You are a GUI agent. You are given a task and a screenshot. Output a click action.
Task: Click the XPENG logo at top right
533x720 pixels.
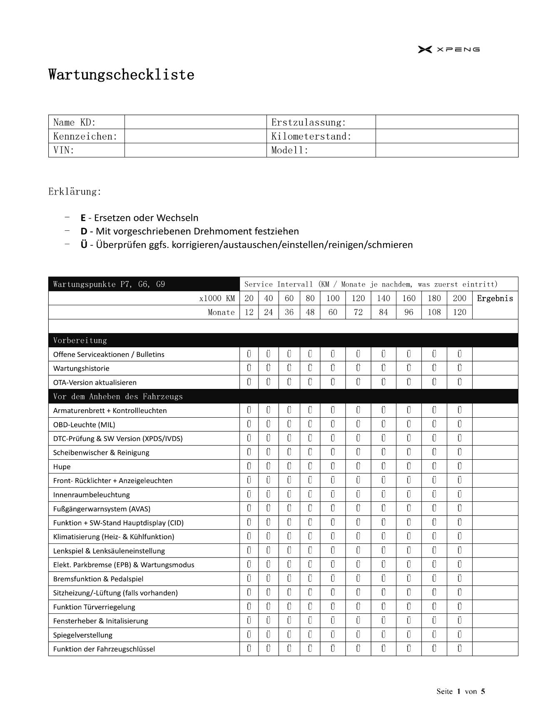click(448, 50)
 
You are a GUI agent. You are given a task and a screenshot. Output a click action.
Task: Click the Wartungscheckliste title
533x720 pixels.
click(121, 75)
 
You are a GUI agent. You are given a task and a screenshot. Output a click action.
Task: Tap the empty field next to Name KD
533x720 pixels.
click(195, 122)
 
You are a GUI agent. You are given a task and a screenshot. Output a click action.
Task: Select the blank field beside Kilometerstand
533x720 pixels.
click(446, 136)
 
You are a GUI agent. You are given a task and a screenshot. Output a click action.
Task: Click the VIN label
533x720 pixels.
click(64, 150)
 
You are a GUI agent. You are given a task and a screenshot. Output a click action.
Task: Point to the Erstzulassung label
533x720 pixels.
click(309, 122)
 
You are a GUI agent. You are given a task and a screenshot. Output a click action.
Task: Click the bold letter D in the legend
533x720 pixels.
click(84, 231)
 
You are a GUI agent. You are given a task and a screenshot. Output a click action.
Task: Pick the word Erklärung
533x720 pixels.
click(75, 192)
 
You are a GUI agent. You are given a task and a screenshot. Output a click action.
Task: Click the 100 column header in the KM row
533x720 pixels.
click(333, 298)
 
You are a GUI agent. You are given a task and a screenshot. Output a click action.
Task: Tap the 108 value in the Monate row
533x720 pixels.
click(434, 312)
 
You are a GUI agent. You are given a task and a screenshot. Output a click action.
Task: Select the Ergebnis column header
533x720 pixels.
click(495, 298)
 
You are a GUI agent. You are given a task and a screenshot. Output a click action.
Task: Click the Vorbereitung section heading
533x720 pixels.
click(80, 341)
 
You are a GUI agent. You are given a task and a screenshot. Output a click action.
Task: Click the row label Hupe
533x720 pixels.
click(62, 467)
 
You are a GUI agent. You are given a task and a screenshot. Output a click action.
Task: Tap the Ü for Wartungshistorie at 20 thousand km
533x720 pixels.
click(249, 369)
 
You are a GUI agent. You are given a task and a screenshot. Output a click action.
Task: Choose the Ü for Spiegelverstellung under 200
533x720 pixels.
click(459, 635)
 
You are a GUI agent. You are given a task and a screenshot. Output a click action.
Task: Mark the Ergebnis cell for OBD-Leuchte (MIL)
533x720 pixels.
click(495, 425)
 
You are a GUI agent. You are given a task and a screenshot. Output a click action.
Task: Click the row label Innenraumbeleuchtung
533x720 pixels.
click(91, 495)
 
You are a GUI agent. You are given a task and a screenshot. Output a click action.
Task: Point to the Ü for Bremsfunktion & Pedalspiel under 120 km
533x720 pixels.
click(358, 579)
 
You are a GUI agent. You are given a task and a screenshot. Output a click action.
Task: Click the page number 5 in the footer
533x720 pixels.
click(483, 692)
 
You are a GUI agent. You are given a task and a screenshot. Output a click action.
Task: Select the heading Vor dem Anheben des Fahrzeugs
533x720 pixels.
click(118, 396)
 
